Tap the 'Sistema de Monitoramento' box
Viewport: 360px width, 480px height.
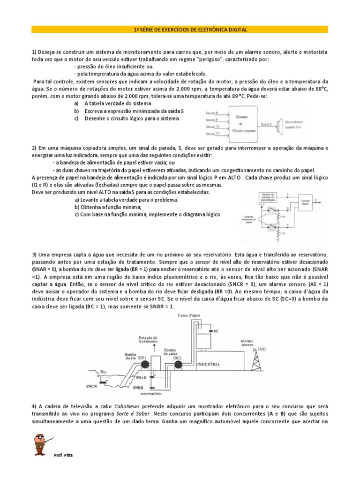coord(244,124)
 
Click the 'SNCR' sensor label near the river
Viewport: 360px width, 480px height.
coord(92,387)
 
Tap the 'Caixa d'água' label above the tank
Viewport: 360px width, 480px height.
coord(188,316)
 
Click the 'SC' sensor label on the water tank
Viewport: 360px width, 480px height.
coord(216,331)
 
